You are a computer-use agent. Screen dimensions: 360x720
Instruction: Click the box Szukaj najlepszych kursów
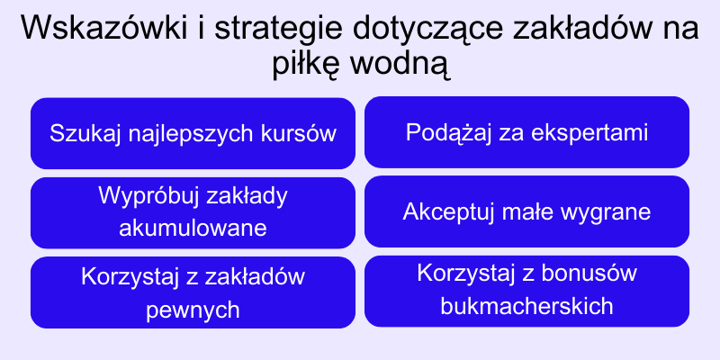pos(193,134)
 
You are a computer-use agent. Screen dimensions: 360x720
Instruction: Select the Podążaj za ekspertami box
pos(526,132)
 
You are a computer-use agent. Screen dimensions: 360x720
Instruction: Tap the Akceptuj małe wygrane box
pos(526,212)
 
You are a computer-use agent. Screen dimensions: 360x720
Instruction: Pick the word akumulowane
pos(193,228)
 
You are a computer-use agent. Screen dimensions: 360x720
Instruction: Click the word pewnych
pos(193,310)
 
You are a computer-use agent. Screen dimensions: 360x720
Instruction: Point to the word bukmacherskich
pos(527,306)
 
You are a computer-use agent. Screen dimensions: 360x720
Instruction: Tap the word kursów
pos(298,134)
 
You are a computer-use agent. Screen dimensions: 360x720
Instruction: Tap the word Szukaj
pos(79,134)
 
